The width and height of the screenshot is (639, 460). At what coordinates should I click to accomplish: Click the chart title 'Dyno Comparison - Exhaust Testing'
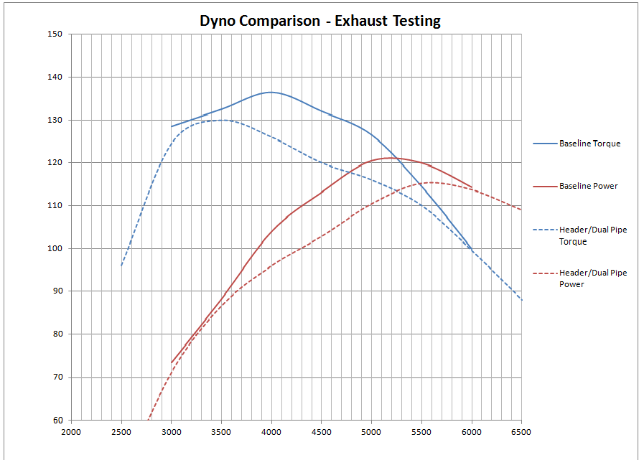coord(319,21)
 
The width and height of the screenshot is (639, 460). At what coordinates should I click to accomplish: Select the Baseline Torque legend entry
coord(589,144)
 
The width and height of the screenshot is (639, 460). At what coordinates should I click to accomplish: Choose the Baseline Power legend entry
coord(588,187)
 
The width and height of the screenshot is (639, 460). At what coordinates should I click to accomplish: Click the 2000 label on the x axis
coord(71,432)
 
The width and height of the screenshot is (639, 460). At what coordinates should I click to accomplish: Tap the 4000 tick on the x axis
coord(271,432)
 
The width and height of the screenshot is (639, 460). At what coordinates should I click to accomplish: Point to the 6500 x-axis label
coord(521,432)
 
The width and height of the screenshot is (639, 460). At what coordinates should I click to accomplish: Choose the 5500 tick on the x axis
coord(421,432)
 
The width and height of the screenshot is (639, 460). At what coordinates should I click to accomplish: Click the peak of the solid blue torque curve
coord(271,92)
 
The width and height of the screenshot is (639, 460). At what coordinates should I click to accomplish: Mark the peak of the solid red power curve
coord(390,158)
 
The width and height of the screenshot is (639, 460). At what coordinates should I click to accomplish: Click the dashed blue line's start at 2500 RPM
coord(121,266)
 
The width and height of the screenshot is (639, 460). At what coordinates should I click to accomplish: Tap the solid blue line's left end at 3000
coord(172,126)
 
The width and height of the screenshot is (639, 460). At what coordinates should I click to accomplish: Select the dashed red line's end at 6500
coord(521,210)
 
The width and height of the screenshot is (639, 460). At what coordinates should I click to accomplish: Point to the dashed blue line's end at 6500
coord(521,299)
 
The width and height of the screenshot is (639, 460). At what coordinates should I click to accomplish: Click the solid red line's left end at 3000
coord(172,362)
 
